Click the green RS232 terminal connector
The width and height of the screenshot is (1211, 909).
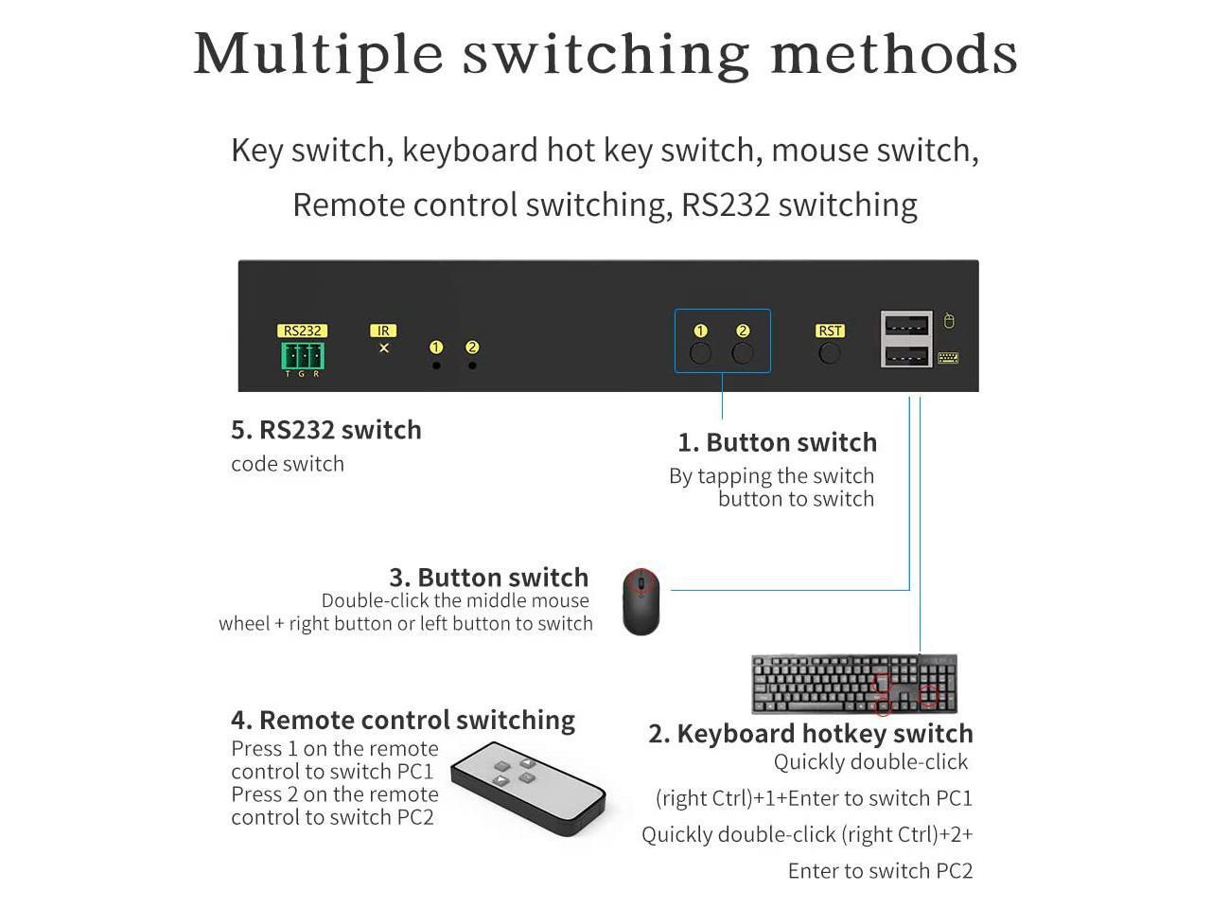click(x=303, y=356)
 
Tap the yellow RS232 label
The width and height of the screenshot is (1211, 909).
click(x=302, y=330)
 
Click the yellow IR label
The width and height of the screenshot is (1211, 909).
click(x=383, y=330)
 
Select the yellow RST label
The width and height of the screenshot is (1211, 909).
click(x=829, y=330)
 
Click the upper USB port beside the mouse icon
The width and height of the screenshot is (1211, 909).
click(x=906, y=324)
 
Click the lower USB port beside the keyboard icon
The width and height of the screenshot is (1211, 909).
click(x=906, y=355)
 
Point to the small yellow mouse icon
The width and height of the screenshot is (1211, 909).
click(x=948, y=321)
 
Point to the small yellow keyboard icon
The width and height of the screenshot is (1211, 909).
click(x=948, y=358)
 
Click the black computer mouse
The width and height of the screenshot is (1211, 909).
click(x=641, y=601)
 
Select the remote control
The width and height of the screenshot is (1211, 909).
click(x=528, y=788)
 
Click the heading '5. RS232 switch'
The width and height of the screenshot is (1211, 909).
click(x=326, y=429)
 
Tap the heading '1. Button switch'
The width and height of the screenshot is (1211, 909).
click(x=777, y=442)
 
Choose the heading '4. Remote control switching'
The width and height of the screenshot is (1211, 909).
click(x=403, y=720)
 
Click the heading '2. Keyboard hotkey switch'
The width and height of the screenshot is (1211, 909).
click(x=811, y=734)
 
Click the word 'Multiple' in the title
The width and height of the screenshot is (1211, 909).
click(x=318, y=54)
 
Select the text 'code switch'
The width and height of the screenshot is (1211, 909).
click(x=288, y=464)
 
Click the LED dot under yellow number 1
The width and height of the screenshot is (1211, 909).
click(x=436, y=365)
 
